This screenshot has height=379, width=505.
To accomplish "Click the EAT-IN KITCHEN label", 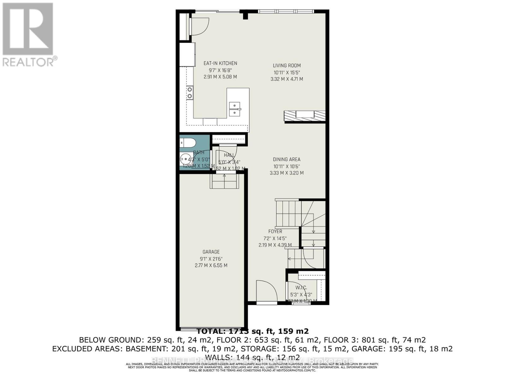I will (x=220, y=63).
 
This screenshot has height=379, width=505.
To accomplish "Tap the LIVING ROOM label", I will (x=287, y=66).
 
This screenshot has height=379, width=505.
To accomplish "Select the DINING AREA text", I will (x=287, y=159).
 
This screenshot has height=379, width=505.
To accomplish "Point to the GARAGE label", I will (x=211, y=252).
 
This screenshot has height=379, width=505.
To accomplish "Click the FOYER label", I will (x=275, y=232).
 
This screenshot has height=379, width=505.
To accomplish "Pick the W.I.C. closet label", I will (x=301, y=288).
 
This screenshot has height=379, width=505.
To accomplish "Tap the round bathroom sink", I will (x=185, y=158).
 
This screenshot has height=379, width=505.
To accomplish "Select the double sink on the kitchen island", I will (x=235, y=109).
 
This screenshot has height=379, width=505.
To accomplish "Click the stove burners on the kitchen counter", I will (x=190, y=93).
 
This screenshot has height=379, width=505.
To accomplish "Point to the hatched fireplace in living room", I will (x=305, y=116).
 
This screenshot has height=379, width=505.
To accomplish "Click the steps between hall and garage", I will (x=224, y=182).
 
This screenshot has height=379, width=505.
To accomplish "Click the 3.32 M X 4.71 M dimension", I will (x=287, y=79).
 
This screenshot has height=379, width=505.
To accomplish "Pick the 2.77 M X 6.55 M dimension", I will (x=211, y=266).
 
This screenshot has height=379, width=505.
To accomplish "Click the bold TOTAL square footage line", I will (x=252, y=331).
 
